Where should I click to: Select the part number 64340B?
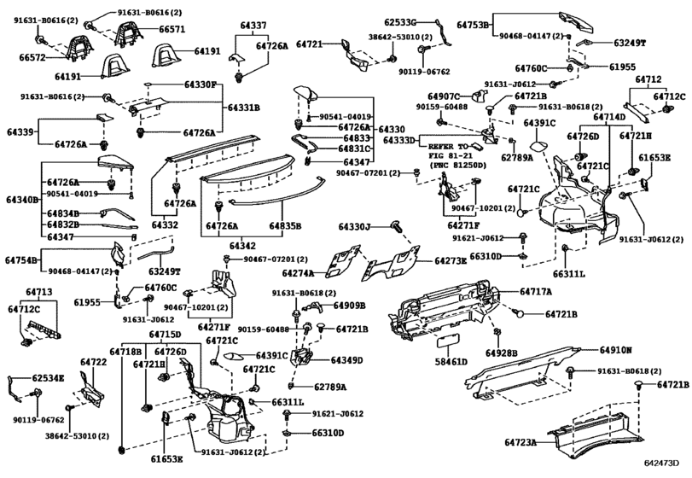(21, 200)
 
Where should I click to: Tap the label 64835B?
(287, 226)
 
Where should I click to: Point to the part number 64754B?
(21, 259)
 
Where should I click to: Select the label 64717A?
(537, 291)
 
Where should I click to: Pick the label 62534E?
(49, 376)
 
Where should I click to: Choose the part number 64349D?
(347, 360)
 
